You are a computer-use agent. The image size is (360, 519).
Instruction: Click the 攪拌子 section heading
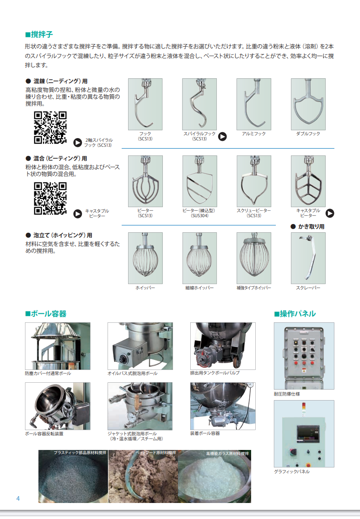click(39, 34)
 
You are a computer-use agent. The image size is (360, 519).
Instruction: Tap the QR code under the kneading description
click(50, 128)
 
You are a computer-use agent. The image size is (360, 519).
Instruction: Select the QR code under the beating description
click(50, 198)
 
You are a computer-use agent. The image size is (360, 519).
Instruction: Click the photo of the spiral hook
click(199, 104)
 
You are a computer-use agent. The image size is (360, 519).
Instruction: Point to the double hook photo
click(308, 104)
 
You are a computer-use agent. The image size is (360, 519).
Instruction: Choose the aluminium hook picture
click(254, 104)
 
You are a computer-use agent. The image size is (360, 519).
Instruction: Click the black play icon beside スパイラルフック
click(222, 136)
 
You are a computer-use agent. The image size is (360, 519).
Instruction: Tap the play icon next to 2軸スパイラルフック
click(77, 143)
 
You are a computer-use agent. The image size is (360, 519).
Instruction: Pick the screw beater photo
click(254, 182)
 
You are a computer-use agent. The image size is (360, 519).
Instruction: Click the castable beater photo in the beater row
click(308, 182)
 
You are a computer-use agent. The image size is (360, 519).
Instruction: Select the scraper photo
click(308, 258)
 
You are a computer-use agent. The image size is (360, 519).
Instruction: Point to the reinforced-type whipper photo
click(254, 258)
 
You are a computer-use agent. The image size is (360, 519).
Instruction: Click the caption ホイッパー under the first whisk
click(145, 288)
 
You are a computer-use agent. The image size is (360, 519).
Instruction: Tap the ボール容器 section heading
click(46, 314)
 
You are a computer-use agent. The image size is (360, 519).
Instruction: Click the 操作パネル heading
click(295, 314)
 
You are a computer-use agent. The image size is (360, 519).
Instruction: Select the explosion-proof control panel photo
click(304, 356)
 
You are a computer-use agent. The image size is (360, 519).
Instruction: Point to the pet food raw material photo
click(143, 476)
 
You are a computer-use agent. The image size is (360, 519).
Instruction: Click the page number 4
click(18, 498)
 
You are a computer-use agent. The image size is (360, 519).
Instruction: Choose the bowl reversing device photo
click(58, 406)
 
